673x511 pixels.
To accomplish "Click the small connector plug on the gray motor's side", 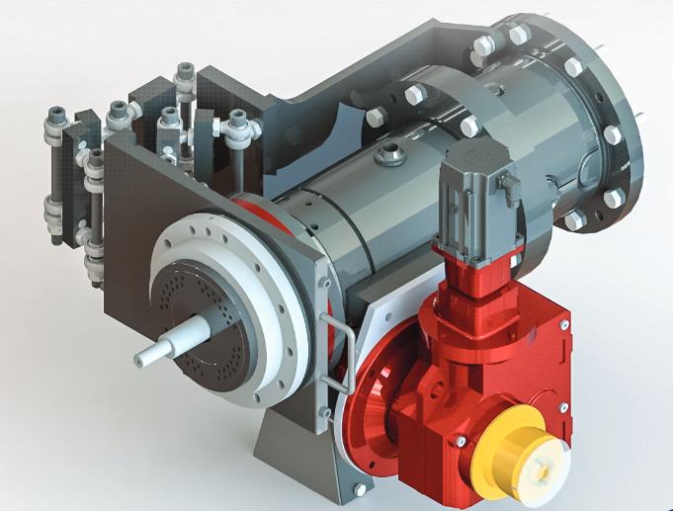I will (x=511, y=191).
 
